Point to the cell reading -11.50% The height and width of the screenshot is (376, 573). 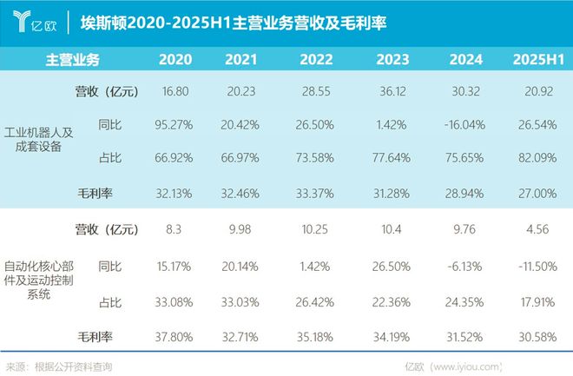538,265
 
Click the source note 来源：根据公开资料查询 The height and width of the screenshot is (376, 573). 59,366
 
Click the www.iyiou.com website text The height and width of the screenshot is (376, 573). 472,366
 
